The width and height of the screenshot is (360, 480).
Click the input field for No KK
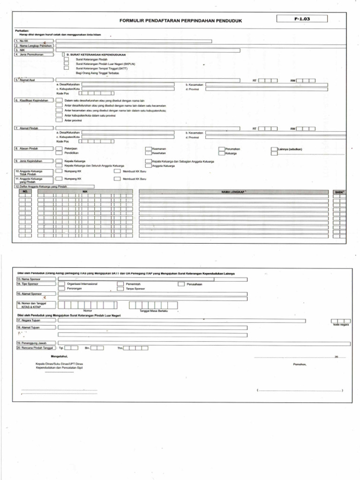pyautogui.click(x=134, y=41)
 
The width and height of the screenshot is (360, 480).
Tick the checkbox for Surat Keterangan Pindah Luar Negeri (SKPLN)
pyautogui.click(x=66, y=63)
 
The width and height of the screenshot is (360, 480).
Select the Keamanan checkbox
pyautogui.click(x=148, y=149)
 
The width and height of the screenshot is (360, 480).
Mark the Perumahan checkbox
pyautogui.click(x=222, y=149)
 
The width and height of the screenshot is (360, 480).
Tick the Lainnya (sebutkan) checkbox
pyautogui.click(x=274, y=149)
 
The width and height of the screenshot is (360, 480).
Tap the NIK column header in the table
pyautogui.click(x=85, y=192)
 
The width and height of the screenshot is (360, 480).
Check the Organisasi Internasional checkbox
pyautogui.click(x=61, y=284)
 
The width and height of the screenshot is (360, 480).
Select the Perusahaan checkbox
pyautogui.click(x=181, y=284)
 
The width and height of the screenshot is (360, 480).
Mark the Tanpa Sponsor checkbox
pyautogui.click(x=120, y=289)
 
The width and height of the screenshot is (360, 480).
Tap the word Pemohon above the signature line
pyautogui.click(x=300, y=364)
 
